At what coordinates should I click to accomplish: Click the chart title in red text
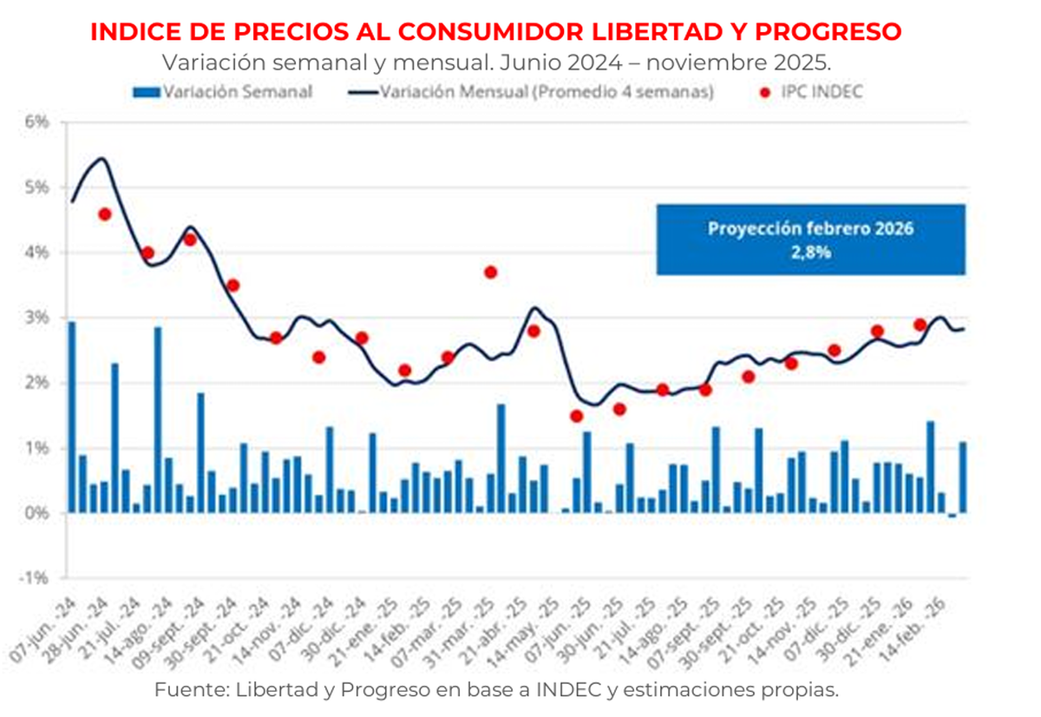click(x=495, y=32)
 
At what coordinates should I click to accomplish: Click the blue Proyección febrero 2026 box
click(x=810, y=240)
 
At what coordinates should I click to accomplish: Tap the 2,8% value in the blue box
click(x=810, y=254)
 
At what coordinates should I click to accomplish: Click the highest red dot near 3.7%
click(x=490, y=273)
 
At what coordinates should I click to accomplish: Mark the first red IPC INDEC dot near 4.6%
click(x=104, y=214)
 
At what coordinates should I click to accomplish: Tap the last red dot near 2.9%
click(x=920, y=325)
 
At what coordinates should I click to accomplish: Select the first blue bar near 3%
click(x=72, y=417)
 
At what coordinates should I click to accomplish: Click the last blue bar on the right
click(x=963, y=477)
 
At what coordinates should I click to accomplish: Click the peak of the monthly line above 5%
click(x=101, y=159)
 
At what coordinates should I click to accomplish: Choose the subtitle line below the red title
click(x=495, y=62)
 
